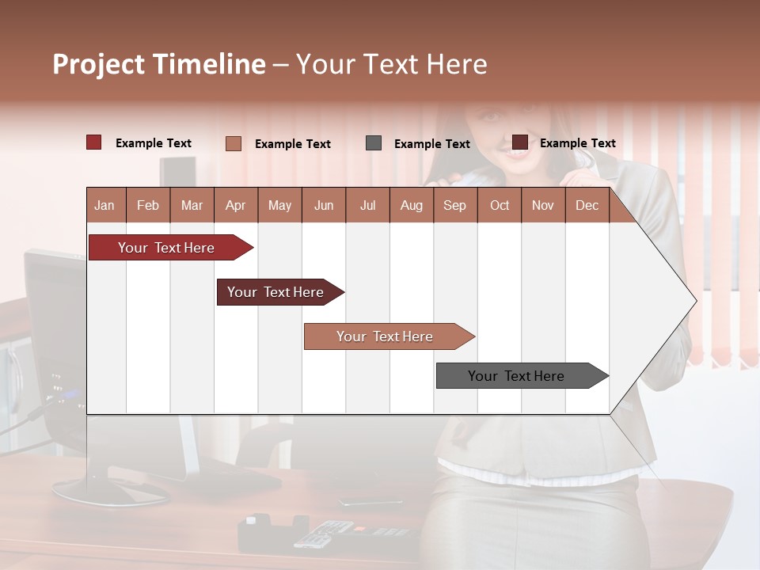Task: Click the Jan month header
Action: [x=104, y=205]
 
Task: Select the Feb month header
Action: [x=148, y=205]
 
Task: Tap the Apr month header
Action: [x=235, y=205]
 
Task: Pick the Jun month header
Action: [x=324, y=205]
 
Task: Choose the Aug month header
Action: [x=411, y=205]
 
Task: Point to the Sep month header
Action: [x=454, y=205]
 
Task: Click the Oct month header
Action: [x=500, y=205]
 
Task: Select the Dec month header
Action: [x=587, y=205]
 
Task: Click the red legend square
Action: [x=93, y=142]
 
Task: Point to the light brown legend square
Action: [x=233, y=143]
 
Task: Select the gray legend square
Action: [x=374, y=143]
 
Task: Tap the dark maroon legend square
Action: [x=519, y=142]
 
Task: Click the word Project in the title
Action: [x=98, y=64]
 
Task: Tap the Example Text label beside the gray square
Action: [x=431, y=144]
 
